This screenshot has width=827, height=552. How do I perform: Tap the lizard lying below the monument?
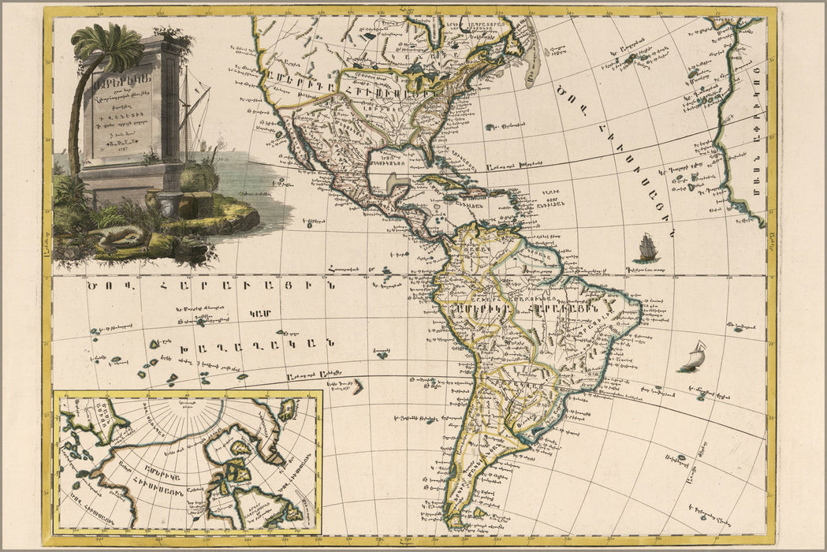pyautogui.click(x=118, y=235)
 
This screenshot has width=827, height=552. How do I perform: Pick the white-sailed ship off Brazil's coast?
pyautogui.click(x=692, y=357)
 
